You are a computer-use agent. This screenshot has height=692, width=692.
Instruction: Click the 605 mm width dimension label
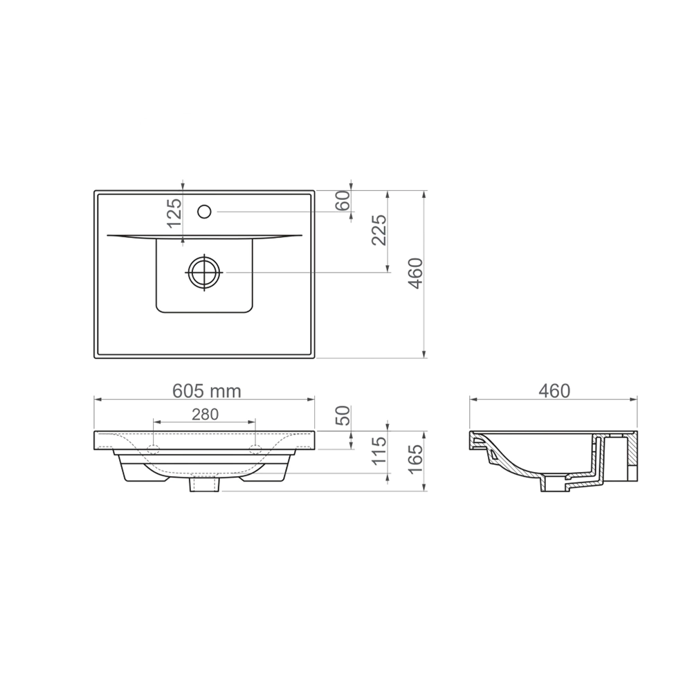point(206,391)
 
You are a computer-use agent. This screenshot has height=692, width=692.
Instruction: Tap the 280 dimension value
point(206,414)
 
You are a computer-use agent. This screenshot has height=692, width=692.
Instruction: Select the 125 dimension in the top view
point(175,213)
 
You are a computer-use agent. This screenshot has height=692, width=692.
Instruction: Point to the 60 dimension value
point(344,201)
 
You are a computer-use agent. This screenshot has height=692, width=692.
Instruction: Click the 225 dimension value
point(379,230)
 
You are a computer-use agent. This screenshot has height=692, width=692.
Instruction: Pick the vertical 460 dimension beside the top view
point(415,273)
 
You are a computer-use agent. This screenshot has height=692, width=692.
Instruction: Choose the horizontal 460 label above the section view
point(554,391)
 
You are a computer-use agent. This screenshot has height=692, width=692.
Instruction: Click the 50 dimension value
point(344,415)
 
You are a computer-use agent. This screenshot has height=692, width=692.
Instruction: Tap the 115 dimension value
point(379,450)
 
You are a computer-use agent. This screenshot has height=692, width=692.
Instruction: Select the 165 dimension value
point(415,459)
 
